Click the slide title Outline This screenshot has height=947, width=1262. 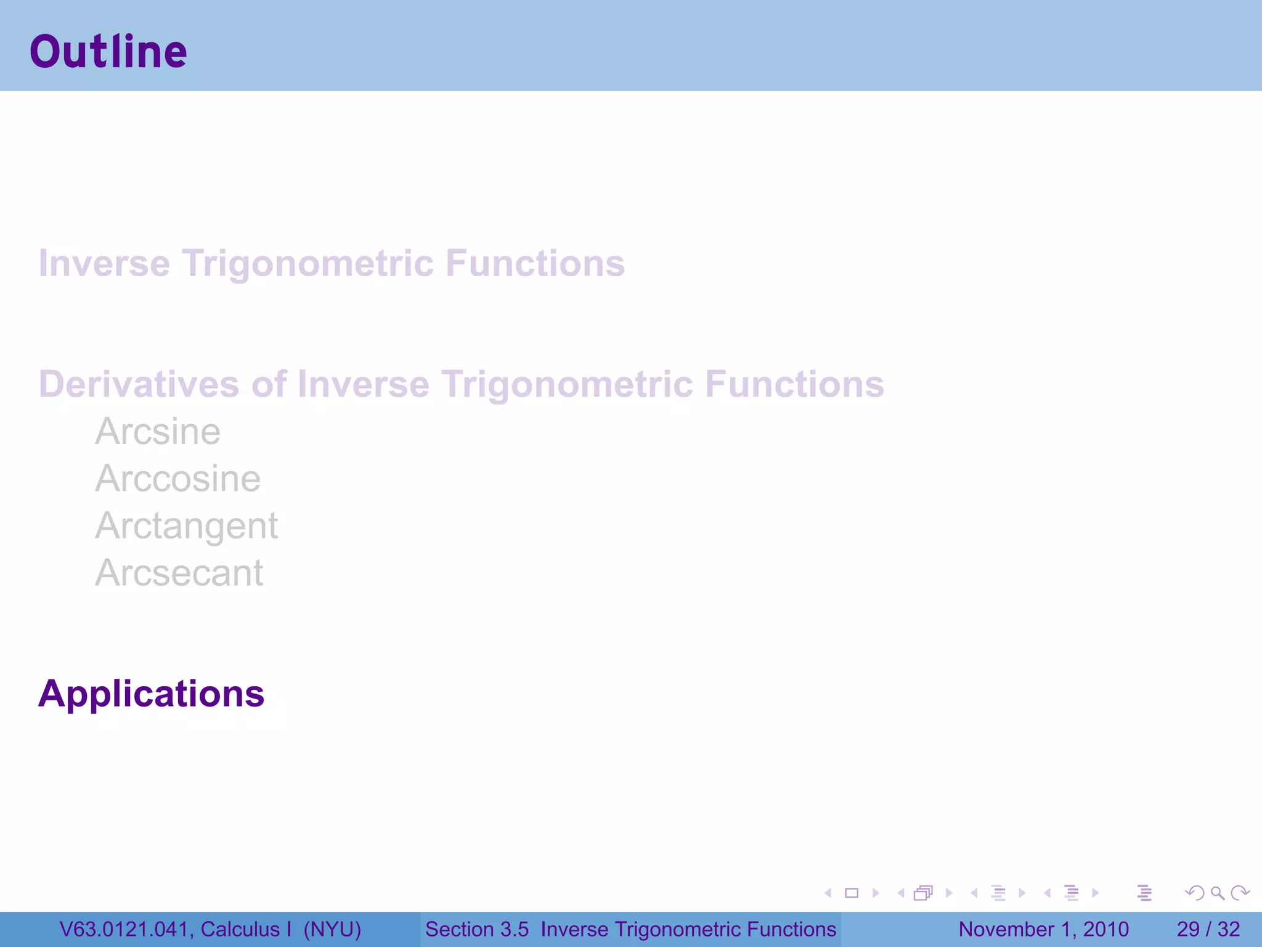(108, 52)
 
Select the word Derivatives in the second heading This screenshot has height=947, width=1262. (139, 385)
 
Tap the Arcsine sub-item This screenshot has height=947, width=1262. (158, 432)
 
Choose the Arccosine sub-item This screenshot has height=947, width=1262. (177, 479)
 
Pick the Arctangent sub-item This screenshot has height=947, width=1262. (186, 527)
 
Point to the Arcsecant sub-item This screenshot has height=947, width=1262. (179, 573)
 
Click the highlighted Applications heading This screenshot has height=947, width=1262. (152, 694)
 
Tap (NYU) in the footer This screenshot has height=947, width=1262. (332, 930)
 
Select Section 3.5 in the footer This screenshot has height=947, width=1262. (476, 930)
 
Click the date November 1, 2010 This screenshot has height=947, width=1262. (1043, 930)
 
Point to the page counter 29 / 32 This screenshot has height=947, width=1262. (1208, 930)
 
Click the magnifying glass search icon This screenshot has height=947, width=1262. (1217, 893)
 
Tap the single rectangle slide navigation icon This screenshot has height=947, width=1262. (852, 893)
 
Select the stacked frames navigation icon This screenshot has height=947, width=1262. (923, 893)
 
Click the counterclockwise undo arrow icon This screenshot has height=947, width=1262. (1195, 893)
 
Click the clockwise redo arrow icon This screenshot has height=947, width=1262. (1239, 893)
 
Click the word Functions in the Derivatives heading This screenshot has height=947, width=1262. (794, 385)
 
